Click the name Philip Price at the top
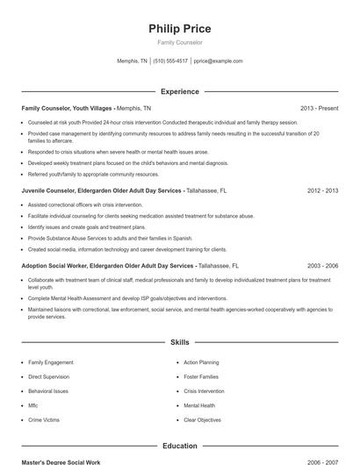[180, 28]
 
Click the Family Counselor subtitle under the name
[180, 42]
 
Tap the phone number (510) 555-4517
[170, 61]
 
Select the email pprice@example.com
[219, 61]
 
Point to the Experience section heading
[180, 91]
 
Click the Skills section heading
[180, 342]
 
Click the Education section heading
[180, 446]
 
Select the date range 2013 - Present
[319, 108]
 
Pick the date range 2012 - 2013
[322, 190]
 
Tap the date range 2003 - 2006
[322, 265]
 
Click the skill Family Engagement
[50, 361]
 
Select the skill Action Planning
[201, 361]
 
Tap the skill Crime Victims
[44, 420]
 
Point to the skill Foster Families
[201, 376]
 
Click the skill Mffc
[33, 405]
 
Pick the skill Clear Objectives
[203, 420]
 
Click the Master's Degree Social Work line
[61, 461]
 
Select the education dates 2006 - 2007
[322, 461]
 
